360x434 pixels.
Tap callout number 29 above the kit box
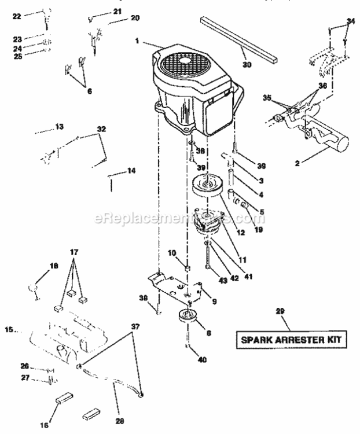[280, 311]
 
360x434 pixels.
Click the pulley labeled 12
[207, 191]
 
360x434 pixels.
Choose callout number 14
[131, 171]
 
